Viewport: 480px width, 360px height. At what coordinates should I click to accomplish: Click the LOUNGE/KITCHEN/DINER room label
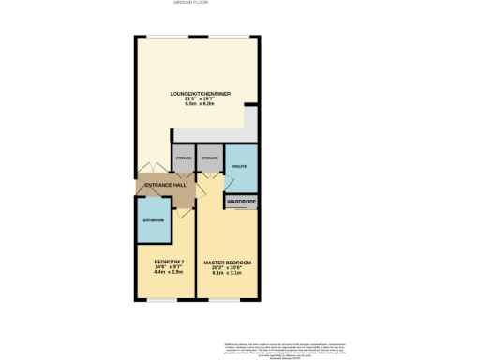(x=200, y=94)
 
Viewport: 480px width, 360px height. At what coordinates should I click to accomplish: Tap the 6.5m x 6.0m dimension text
(x=200, y=104)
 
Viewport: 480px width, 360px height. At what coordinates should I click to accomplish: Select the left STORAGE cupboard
(x=184, y=157)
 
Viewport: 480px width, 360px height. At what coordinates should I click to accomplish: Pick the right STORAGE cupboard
(x=210, y=157)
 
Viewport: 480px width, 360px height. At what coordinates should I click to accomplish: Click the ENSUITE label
(x=238, y=165)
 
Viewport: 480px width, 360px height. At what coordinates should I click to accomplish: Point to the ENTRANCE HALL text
(x=166, y=185)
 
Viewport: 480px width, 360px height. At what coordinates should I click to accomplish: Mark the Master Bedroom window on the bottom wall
(x=228, y=298)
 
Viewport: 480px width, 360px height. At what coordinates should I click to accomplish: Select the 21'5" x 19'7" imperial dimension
(x=200, y=98)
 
